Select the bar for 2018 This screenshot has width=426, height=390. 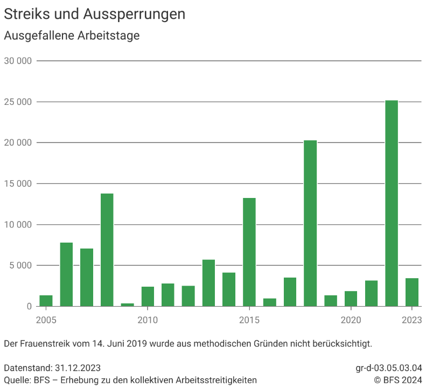(x=310, y=223)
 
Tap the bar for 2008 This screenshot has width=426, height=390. (x=107, y=250)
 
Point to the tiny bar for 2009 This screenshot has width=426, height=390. (x=128, y=304)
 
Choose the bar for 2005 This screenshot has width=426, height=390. (x=46, y=301)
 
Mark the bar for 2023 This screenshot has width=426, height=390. (x=412, y=292)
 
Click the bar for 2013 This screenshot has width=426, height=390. (x=208, y=283)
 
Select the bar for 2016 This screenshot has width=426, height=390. (x=270, y=302)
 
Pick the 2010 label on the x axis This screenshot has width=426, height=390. (x=148, y=320)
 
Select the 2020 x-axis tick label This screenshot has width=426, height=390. (x=351, y=320)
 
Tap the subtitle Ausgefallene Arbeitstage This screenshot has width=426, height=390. (x=72, y=36)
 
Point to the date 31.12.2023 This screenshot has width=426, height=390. (x=78, y=368)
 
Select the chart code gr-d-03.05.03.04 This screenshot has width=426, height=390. (x=389, y=368)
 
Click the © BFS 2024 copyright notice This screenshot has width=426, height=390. (x=398, y=380)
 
